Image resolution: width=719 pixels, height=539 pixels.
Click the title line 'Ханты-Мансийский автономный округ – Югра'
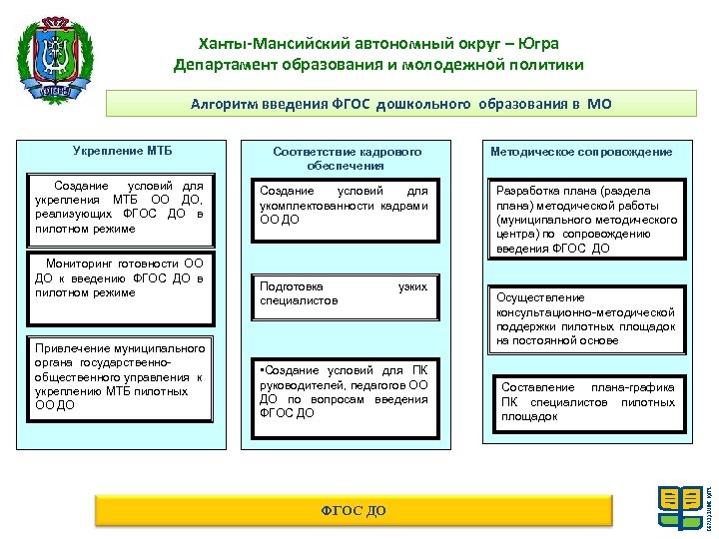377,44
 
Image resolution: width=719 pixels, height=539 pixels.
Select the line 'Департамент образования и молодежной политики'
377,65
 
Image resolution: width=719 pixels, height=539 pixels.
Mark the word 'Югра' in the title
538,44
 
